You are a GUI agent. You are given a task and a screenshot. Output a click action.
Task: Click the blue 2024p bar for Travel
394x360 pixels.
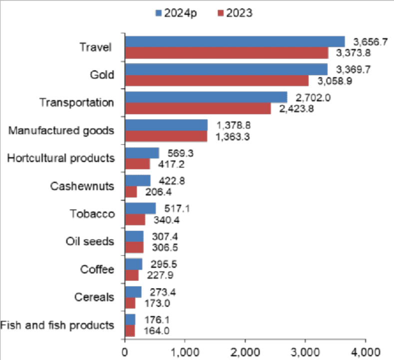[235, 41]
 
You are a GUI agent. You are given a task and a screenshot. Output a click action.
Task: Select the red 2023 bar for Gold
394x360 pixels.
[217, 80]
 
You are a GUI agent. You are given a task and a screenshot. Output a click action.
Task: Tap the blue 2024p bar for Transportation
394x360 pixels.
[206, 97]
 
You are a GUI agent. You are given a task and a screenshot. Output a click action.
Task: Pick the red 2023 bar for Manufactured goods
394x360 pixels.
[166, 136]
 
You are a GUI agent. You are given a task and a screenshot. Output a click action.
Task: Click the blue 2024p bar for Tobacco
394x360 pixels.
[140, 208]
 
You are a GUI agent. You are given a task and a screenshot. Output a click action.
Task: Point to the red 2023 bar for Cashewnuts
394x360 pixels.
[131, 191]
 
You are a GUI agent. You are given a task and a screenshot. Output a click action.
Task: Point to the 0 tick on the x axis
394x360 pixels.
[125, 350]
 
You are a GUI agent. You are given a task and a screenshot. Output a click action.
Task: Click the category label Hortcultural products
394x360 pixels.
[60, 158]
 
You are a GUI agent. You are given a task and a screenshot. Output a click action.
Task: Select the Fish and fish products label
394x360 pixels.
[57, 325]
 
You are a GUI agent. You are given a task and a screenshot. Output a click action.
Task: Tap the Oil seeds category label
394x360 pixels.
[90, 241]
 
